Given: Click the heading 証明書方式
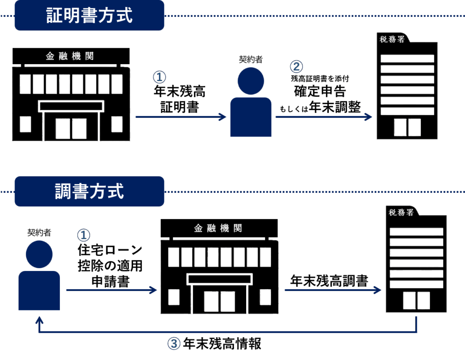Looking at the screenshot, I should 89,15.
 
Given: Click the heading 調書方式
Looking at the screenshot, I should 89,191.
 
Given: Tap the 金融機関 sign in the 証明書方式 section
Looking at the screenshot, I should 70,56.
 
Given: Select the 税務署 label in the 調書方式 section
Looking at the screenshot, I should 401,212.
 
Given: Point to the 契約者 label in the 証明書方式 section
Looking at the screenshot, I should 251,59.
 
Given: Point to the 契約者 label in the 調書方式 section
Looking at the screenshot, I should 39,232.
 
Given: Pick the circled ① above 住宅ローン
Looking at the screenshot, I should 84,235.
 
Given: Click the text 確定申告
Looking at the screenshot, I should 320,91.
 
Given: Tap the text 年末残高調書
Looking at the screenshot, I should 329,280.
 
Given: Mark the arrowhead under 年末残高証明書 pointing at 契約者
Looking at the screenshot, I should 223,117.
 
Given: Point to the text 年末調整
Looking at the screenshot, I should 335,107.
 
